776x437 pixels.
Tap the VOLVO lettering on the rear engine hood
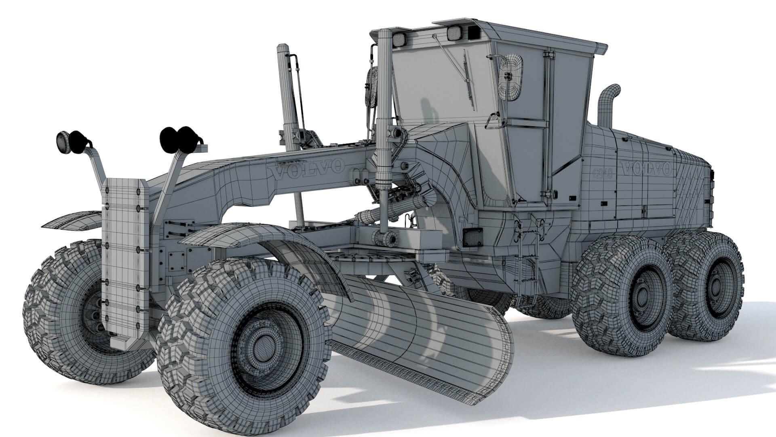(645, 168)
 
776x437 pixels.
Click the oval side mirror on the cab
(511, 77)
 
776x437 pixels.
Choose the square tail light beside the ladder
(472, 237)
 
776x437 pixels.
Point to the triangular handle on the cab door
(493, 121)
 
